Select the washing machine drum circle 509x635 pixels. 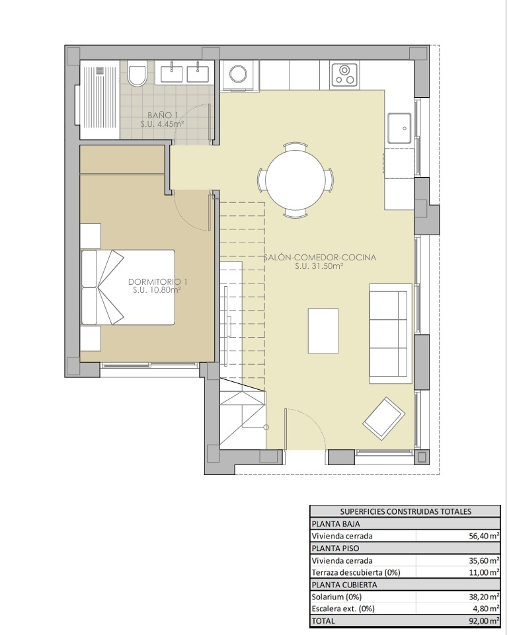pyautogui.click(x=238, y=74)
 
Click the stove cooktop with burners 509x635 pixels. pyautogui.click(x=345, y=75)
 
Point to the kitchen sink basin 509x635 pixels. pyautogui.click(x=399, y=128)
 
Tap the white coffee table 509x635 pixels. pyautogui.click(x=323, y=331)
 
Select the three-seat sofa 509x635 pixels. pyautogui.click(x=390, y=334)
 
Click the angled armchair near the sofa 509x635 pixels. pyautogui.click(x=384, y=419)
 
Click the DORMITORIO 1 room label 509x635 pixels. pyautogui.click(x=157, y=281)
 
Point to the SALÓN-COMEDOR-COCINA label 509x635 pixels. pyautogui.click(x=320, y=257)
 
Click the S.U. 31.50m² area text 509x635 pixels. pyautogui.click(x=319, y=266)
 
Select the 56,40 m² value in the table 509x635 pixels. pyautogui.click(x=484, y=536)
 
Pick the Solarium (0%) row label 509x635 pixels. pyautogui.click(x=336, y=597)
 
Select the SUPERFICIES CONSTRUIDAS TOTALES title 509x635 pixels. pyautogui.click(x=406, y=511)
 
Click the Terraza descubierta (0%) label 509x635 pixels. pyautogui.click(x=356, y=573)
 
